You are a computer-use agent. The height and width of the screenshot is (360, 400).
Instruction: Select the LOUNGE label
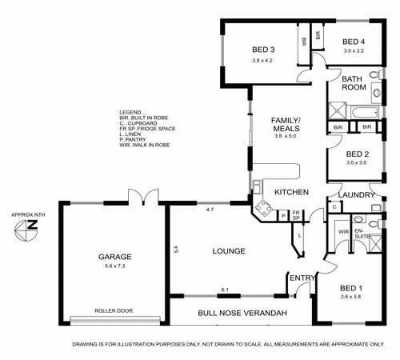pyautogui.click(x=228, y=251)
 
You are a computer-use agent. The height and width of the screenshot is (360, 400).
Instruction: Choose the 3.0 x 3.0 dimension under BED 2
pyautogui.click(x=355, y=162)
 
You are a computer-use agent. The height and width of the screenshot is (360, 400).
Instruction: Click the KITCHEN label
pyautogui.click(x=291, y=193)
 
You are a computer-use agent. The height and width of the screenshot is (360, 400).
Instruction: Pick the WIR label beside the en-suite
pyautogui.click(x=342, y=231)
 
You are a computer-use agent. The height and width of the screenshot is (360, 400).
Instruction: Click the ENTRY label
pyautogui.click(x=302, y=278)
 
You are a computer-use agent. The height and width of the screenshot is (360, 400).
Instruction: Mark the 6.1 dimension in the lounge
pyautogui.click(x=226, y=290)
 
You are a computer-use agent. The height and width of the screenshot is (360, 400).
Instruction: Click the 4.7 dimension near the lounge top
pyautogui.click(x=210, y=210)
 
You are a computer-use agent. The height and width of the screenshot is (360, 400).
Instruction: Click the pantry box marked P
pyautogui.click(x=282, y=216)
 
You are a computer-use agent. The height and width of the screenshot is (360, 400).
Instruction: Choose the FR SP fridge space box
pyautogui.click(x=295, y=216)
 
